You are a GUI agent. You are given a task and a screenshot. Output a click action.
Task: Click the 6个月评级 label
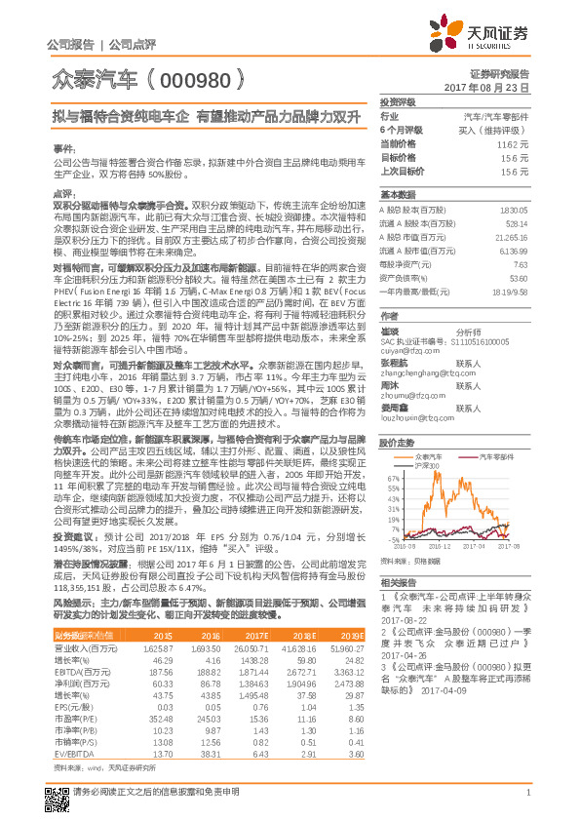pyautogui.click(x=401, y=129)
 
